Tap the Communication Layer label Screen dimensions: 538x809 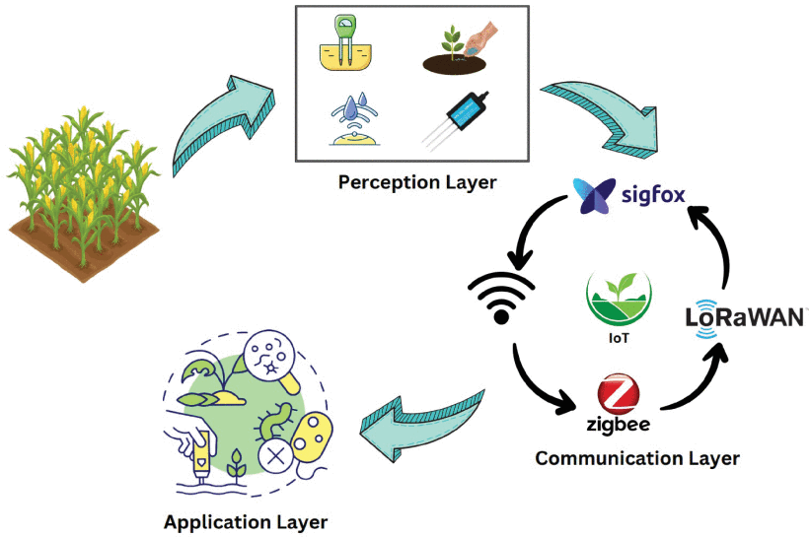(x=636, y=458)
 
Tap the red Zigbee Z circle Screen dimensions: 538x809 (x=618, y=397)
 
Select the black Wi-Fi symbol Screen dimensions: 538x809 (x=502, y=295)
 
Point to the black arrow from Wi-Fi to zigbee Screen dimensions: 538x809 (x=538, y=379)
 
